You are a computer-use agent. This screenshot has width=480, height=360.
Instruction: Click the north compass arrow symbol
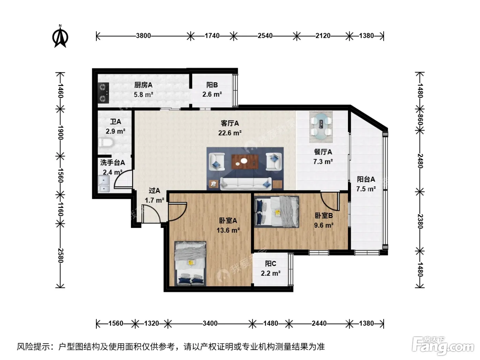tap(60, 36)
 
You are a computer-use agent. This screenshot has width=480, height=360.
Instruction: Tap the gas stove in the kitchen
tap(103, 93)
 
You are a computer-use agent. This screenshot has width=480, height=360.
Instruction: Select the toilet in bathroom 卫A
tap(106, 142)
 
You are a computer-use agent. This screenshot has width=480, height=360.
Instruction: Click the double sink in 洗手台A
tap(104, 184)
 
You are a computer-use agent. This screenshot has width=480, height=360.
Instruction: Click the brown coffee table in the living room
tap(245, 162)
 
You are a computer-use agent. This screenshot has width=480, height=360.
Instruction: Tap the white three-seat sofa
tap(245, 184)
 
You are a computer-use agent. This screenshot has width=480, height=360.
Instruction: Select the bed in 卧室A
tap(190, 263)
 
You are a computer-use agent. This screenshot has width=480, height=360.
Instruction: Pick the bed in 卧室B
tap(276, 212)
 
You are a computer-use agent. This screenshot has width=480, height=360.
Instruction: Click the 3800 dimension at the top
tap(143, 36)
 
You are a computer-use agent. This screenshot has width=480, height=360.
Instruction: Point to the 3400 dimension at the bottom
tap(210, 323)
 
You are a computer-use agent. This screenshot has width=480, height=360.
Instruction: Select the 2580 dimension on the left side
tap(60, 256)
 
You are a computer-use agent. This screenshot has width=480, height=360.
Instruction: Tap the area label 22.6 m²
tap(230, 133)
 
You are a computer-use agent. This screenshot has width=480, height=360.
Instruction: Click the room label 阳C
tap(271, 264)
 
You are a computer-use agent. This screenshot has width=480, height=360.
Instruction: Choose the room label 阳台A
tap(366, 179)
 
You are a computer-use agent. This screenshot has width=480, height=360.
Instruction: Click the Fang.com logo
tap(443, 346)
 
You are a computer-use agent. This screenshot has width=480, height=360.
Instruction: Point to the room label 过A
tap(154, 191)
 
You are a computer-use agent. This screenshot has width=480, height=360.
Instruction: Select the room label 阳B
tap(212, 85)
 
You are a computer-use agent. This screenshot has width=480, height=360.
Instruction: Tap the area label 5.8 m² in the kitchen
tap(143, 95)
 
